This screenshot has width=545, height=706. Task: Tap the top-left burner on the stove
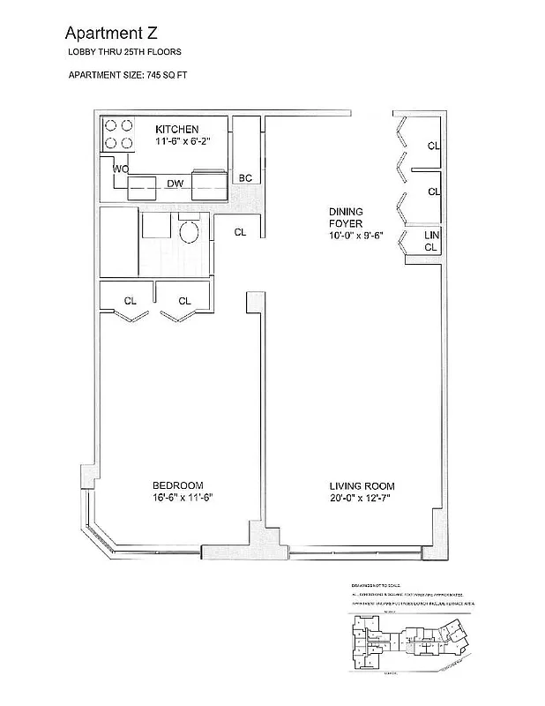pos(111,126)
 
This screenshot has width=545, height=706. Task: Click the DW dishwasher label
pos(175,184)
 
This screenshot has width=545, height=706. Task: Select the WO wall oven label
pos(121,169)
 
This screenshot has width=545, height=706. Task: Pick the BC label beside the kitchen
pos(245,178)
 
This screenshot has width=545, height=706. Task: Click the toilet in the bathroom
pos(188,232)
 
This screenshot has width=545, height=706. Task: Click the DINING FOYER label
pos(346,218)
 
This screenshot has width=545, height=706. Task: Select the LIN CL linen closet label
pos(431,242)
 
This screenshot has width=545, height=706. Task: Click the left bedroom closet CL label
pos(131,301)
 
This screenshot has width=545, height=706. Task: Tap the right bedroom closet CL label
pos(184,301)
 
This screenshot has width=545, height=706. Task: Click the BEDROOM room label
pos(177,485)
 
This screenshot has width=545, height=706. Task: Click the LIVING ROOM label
pos(362,486)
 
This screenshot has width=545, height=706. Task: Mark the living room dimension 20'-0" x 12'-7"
pos(362,499)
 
